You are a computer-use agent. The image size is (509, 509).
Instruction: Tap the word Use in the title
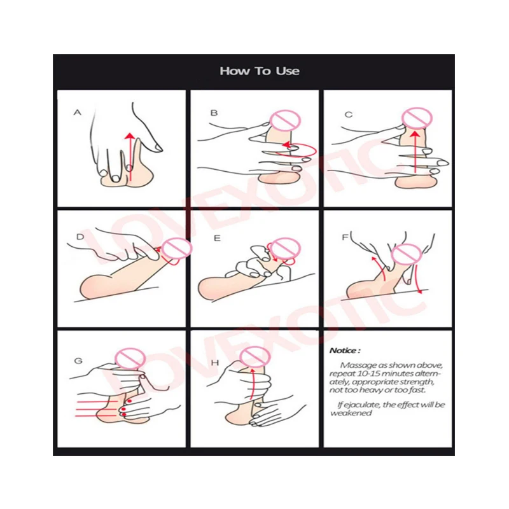pyautogui.click(x=288, y=71)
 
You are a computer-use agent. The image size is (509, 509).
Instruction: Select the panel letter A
pyautogui.click(x=77, y=113)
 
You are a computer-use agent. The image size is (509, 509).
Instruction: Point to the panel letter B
pyautogui.click(x=214, y=113)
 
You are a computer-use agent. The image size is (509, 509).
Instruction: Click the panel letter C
pyautogui.click(x=348, y=115)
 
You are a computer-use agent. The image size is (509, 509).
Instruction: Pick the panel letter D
pyautogui.click(x=80, y=237)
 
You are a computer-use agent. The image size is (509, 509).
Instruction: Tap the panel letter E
pyautogui.click(x=217, y=239)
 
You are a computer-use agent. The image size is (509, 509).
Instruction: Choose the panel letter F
pyautogui.click(x=345, y=237)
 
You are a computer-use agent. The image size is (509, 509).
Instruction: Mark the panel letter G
pyautogui.click(x=78, y=361)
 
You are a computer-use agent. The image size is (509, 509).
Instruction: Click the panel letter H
pyautogui.click(x=215, y=363)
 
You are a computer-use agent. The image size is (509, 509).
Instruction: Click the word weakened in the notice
pyautogui.click(x=351, y=413)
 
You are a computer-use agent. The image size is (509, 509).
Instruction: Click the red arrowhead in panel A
pyautogui.click(x=130, y=136)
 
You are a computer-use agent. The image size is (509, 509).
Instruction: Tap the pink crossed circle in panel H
pyautogui.click(x=255, y=357)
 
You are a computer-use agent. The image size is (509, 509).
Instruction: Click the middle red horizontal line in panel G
pyautogui.click(x=96, y=408)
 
